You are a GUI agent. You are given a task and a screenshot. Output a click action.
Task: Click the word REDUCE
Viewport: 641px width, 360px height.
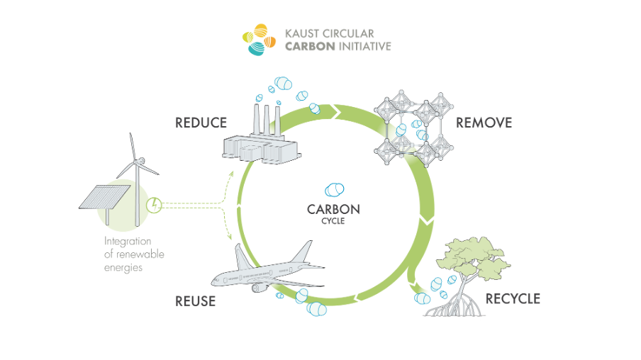point(201,123)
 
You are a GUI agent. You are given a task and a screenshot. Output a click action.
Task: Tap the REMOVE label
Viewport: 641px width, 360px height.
point(484,123)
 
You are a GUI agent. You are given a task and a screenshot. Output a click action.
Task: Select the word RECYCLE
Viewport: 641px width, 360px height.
point(513,299)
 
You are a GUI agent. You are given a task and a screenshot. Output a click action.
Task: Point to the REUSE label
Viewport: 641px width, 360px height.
point(195,301)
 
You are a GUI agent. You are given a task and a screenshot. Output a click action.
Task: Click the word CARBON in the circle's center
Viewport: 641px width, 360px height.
point(333,210)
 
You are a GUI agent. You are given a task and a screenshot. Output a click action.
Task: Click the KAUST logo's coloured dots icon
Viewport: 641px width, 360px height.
point(260,40)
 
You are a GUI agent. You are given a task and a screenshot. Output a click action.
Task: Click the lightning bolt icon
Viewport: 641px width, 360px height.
point(155,206)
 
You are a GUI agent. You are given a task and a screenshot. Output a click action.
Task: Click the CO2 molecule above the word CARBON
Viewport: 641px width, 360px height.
point(333,190)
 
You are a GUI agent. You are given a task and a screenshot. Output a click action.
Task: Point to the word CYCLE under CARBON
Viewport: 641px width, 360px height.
point(333,221)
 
